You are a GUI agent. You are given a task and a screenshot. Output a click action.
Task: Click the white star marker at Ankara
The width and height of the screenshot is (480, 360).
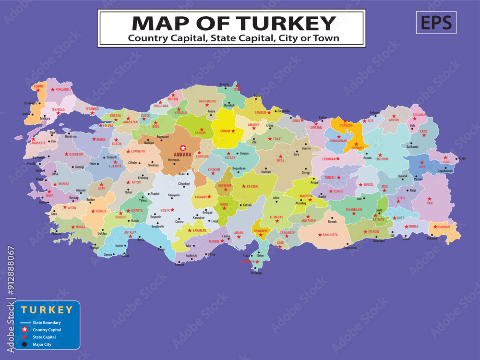click(x=182, y=148)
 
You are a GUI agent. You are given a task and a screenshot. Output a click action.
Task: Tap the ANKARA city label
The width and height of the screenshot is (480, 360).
click(x=182, y=155)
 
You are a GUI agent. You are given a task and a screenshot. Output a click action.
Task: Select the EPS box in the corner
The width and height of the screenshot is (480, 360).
click(x=436, y=23)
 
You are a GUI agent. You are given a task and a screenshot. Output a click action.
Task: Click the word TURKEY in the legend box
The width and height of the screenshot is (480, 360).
click(x=47, y=310)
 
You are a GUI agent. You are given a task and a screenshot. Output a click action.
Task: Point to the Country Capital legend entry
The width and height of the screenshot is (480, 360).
click(x=47, y=330)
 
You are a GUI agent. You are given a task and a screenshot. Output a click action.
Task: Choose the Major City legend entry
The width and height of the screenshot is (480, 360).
click(x=42, y=344)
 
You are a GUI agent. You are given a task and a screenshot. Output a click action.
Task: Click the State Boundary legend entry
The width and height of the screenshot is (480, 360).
click(x=47, y=323)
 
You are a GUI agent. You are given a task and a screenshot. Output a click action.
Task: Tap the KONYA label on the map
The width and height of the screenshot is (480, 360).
click(x=165, y=211)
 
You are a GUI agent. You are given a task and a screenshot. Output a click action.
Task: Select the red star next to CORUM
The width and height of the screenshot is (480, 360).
click(x=233, y=131)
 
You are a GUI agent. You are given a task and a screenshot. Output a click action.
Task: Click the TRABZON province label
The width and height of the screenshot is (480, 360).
click(x=346, y=125)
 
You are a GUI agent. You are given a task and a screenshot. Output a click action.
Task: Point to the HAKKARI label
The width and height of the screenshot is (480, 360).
click(x=444, y=227)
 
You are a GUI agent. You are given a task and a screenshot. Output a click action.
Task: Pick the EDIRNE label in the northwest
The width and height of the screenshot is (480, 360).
click(x=38, y=86)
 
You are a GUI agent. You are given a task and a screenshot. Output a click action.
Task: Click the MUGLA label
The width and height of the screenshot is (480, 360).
click(x=80, y=227)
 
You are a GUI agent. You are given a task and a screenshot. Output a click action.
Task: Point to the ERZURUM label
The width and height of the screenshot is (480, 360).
click(x=383, y=159)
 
